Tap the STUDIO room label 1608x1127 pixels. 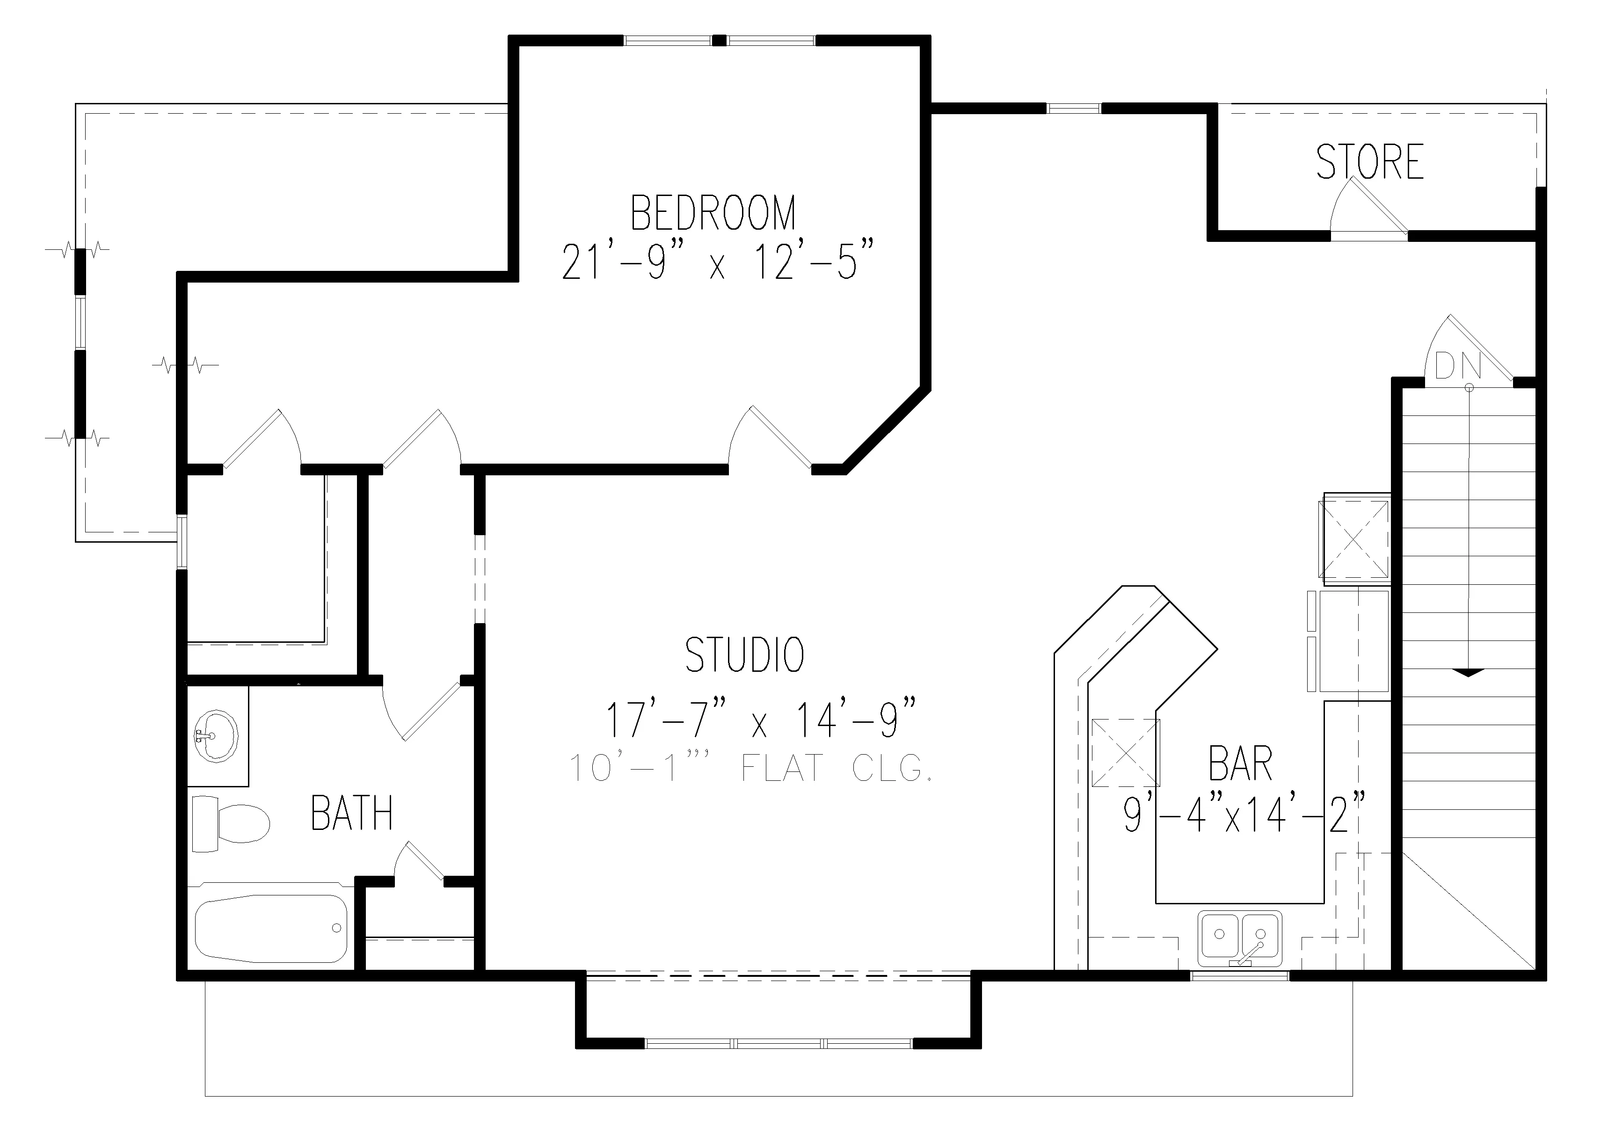pos(744,655)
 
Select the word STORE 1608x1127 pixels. pos(1370,162)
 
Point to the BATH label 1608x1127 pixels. pos(351,813)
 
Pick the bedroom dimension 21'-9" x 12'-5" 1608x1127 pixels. pos(719,260)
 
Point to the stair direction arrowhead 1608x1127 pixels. pos(1469,672)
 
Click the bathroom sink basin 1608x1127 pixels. pos(216,736)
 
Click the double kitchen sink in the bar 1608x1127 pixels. pos(1240,937)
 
